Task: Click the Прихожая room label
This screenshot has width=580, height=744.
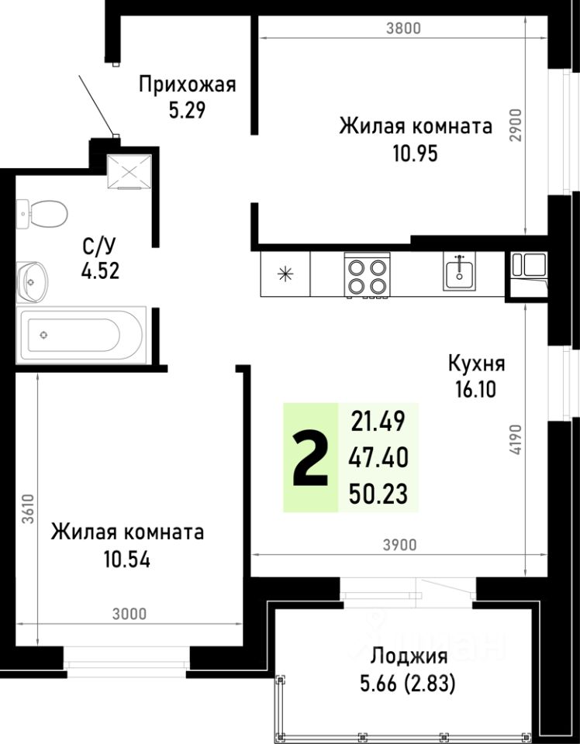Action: click(x=186, y=84)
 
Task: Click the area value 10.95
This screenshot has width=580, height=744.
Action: click(x=415, y=153)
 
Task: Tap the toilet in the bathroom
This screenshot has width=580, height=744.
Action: click(x=44, y=212)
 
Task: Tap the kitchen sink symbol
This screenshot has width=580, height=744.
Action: click(x=460, y=272)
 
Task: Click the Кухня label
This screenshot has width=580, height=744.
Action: click(x=476, y=363)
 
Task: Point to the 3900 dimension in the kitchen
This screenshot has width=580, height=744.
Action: click(x=400, y=545)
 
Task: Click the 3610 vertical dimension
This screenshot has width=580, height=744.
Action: click(x=27, y=510)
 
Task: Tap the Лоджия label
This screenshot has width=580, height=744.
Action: click(x=409, y=657)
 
